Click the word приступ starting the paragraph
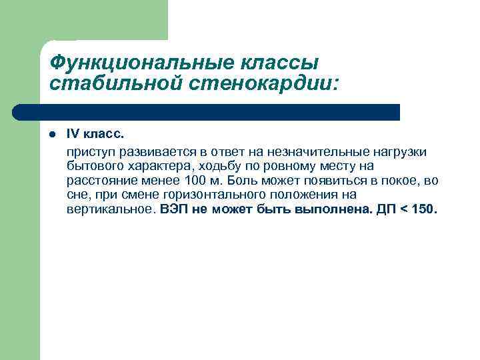[x=90, y=153]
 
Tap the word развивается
[x=154, y=153]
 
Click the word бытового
[x=93, y=167]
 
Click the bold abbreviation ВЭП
[x=175, y=209]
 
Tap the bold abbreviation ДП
[x=387, y=209]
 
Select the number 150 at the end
[x=424, y=209]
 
